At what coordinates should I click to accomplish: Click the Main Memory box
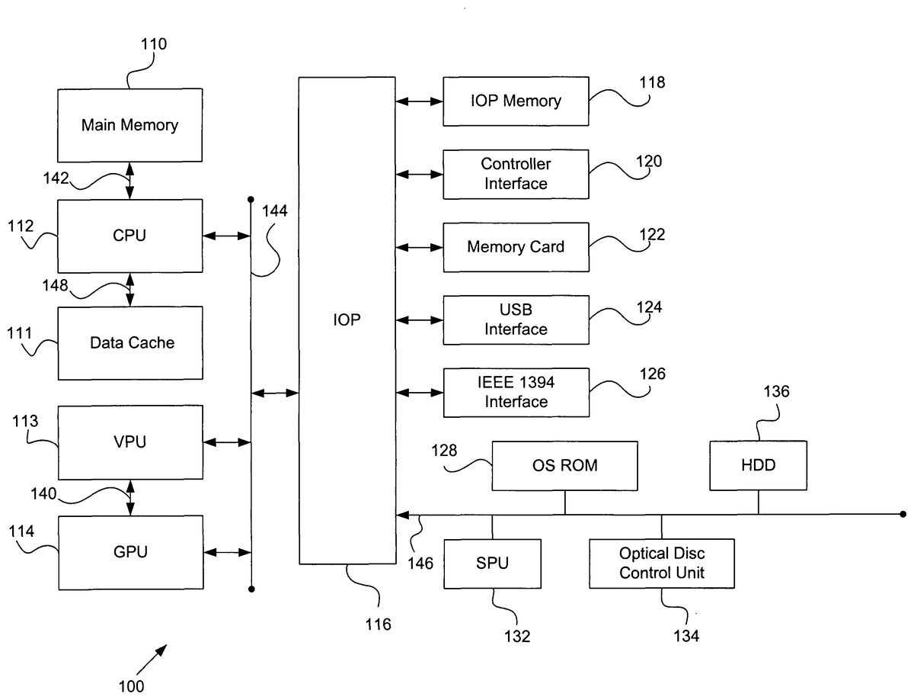130,125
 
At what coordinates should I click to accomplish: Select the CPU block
130,236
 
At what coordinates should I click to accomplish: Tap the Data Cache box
130,343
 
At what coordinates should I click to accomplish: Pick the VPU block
130,442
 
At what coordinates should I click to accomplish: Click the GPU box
130,552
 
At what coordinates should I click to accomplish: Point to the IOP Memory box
516,101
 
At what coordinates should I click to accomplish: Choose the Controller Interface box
516,174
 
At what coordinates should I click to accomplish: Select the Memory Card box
516,247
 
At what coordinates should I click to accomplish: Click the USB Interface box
516,320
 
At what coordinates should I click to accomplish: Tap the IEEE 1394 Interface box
516,392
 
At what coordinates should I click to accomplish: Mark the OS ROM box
564,465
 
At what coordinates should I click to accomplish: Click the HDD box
758,465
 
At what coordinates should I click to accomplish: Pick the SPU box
492,564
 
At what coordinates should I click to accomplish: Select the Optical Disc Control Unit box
661,564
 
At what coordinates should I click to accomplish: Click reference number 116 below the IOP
378,625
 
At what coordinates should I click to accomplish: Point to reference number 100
131,686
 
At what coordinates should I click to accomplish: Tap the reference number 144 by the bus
275,211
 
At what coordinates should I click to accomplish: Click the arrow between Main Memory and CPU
130,181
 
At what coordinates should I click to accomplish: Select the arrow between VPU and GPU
130,497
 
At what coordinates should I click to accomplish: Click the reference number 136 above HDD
776,392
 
